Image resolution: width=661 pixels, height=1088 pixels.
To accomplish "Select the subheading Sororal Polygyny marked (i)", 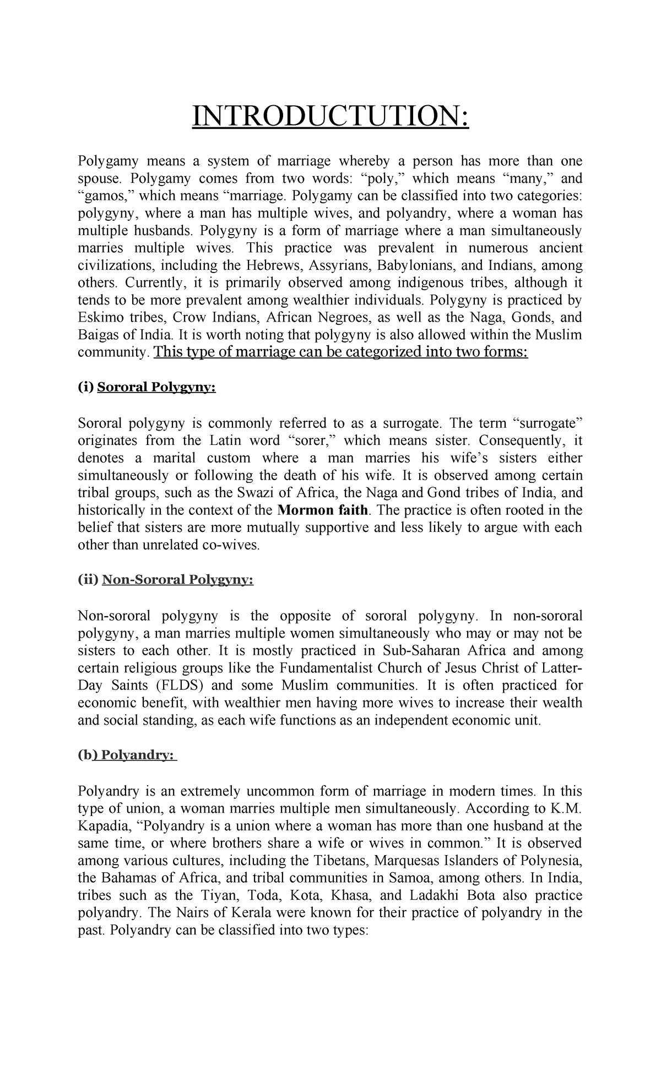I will coord(156,388).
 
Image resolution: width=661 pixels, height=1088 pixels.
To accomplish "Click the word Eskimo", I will coord(96,318).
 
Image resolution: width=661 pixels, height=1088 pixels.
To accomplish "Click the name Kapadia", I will coord(100,826).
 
